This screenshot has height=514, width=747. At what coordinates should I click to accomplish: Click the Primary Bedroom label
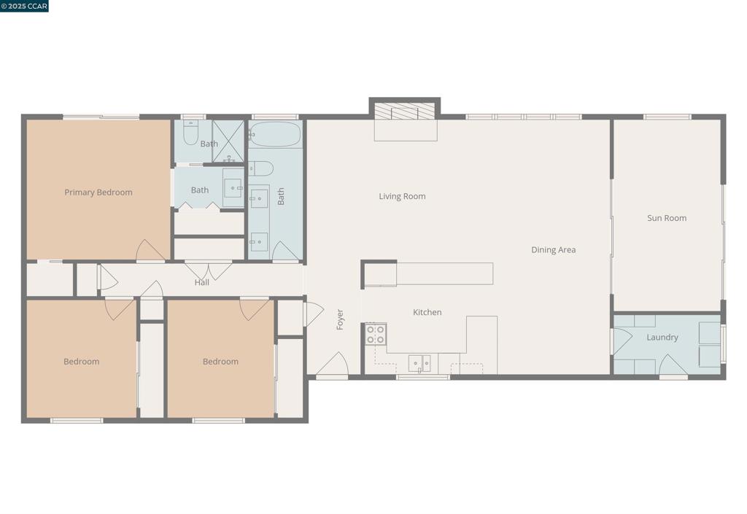98,192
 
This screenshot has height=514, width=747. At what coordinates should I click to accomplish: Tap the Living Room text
402,196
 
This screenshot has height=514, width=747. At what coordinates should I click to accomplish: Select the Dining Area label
553,250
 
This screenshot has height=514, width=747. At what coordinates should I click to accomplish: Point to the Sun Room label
666,218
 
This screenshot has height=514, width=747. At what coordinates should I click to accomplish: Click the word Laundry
662,338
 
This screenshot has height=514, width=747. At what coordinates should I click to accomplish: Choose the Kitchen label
427,312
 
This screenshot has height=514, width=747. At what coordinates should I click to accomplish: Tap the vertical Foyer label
340,319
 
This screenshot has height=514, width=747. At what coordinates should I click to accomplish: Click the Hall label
201,282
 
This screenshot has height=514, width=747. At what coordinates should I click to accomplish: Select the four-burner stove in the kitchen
376,335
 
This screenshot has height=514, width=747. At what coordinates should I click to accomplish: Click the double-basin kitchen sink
419,362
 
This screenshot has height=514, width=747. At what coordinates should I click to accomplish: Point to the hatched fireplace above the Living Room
404,112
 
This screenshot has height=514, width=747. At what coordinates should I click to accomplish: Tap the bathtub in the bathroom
274,135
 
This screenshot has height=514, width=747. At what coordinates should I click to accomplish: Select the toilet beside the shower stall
190,133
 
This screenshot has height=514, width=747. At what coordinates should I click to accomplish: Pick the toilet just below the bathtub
261,169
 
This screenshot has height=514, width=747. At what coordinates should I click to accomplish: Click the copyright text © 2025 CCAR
24,6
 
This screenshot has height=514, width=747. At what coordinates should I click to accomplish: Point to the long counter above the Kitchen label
444,273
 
